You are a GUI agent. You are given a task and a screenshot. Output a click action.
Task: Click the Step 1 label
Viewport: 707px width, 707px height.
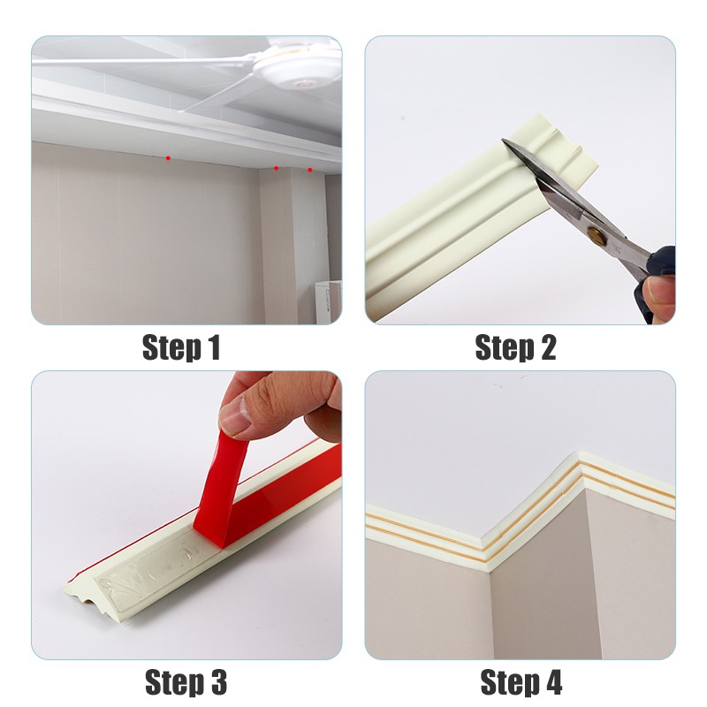coord(181,347)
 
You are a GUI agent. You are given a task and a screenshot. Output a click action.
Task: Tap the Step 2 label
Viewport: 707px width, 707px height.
coord(515,347)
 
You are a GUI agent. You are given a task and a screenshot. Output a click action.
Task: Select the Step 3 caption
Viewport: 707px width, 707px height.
coord(186,681)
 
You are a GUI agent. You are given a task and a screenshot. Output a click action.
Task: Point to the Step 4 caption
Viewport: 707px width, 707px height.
coord(521,681)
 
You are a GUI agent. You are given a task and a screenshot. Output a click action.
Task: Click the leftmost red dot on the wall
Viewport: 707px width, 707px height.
coord(168,158)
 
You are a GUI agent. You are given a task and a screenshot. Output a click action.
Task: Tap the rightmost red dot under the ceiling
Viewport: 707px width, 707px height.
coord(310,170)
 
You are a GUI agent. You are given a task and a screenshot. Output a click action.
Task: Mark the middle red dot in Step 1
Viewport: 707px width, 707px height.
coord(276,169)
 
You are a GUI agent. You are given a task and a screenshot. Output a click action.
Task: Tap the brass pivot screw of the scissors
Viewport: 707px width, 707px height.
coord(596,233)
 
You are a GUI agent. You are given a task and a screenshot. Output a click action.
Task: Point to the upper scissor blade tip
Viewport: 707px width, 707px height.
coord(504,141)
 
